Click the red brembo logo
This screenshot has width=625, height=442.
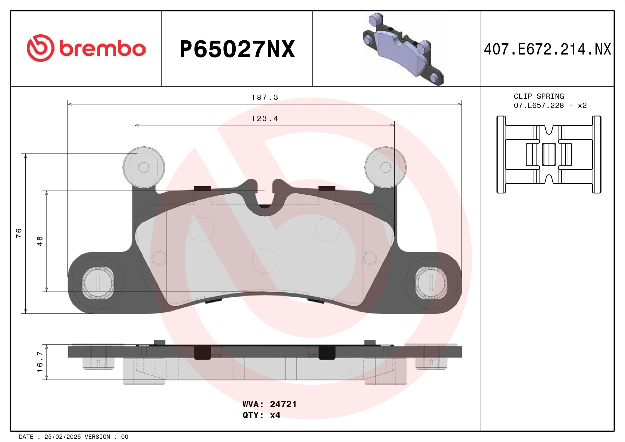click(x=86, y=48)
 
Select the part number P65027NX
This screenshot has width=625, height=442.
click(x=237, y=49)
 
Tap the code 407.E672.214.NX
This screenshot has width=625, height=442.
click(x=547, y=49)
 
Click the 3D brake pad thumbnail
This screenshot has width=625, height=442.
click(x=403, y=49)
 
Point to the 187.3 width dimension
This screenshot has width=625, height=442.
click(x=265, y=98)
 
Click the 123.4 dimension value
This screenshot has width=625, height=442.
click(x=265, y=119)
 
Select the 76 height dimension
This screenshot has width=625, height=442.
click(x=19, y=233)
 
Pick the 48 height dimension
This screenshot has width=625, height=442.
click(x=40, y=241)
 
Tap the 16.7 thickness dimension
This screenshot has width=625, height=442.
click(x=40, y=362)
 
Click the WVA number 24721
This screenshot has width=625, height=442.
click(x=283, y=404)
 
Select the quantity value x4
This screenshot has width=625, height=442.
click(x=275, y=415)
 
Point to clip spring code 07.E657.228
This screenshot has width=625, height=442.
click(x=539, y=106)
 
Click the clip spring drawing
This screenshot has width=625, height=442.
click(x=549, y=154)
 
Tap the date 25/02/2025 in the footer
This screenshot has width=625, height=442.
click(x=62, y=437)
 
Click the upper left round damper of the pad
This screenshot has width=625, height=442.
click(x=144, y=167)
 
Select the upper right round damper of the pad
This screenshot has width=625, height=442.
click(x=386, y=167)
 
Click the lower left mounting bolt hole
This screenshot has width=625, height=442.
click(x=98, y=283)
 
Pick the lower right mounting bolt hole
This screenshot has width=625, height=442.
click(x=431, y=283)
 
